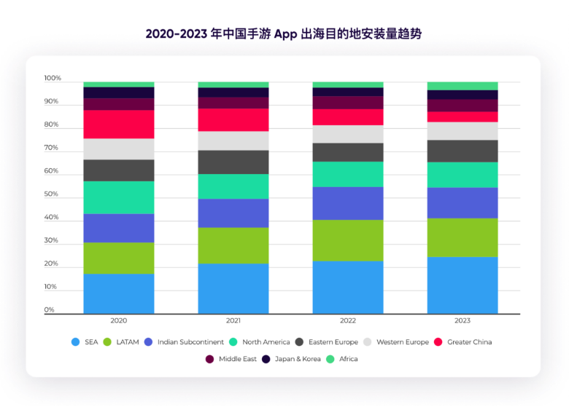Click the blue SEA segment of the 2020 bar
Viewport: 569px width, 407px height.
119,293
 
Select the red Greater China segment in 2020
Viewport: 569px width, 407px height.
119,124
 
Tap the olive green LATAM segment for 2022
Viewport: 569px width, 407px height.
348,240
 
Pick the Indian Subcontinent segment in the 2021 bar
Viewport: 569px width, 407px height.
233,213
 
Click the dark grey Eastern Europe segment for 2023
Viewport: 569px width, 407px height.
462,151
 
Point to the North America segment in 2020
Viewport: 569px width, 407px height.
119,197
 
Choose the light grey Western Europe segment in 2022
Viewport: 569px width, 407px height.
348,134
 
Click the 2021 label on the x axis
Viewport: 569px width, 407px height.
233,320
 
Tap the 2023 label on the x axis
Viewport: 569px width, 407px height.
462,320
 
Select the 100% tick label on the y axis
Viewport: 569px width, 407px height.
53,79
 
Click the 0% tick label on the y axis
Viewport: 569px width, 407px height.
50,310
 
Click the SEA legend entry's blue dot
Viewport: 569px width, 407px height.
75,341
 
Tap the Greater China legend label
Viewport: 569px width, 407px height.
470,341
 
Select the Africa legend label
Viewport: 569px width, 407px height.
349,359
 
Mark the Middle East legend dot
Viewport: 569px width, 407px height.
210,359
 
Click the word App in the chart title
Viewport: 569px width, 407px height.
285,33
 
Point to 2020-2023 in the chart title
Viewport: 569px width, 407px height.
174,33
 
